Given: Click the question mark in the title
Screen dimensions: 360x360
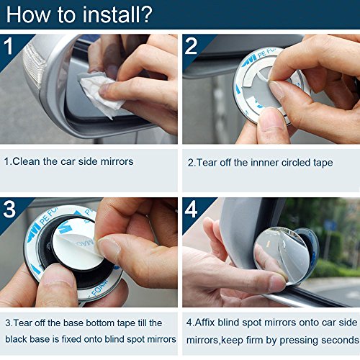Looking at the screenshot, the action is click(x=145, y=14).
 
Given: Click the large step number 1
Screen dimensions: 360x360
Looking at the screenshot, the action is click(x=9, y=46).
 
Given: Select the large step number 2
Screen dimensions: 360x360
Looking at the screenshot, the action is click(x=191, y=46).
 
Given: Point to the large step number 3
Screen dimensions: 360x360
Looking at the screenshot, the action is click(x=9, y=210).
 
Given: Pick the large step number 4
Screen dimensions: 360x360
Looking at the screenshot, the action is click(x=192, y=210).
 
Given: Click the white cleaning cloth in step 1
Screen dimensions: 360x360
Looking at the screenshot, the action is click(x=101, y=94).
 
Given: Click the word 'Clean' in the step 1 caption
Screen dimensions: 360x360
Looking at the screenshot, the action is click(x=26, y=161).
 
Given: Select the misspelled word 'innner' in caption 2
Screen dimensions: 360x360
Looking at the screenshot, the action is click(x=264, y=163).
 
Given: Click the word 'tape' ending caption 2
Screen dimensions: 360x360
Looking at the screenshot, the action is click(x=323, y=163).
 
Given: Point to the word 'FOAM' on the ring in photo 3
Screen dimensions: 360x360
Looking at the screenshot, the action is click(x=99, y=289).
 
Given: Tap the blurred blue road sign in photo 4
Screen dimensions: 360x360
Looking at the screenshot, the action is click(x=330, y=225).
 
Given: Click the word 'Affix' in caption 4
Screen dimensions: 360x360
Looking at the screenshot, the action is click(x=204, y=323).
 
